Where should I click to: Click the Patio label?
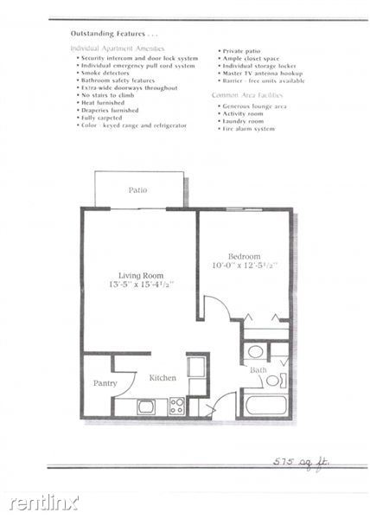[x=137, y=189]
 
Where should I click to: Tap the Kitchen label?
[x=163, y=378]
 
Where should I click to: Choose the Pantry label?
[x=105, y=382]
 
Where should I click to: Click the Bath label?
[x=258, y=370]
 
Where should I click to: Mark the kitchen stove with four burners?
[x=176, y=404]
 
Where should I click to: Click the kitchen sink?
[x=146, y=405]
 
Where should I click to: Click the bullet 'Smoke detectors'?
[x=105, y=73]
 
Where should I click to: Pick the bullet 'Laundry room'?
[x=245, y=121]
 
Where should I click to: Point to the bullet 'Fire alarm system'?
[x=248, y=129]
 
